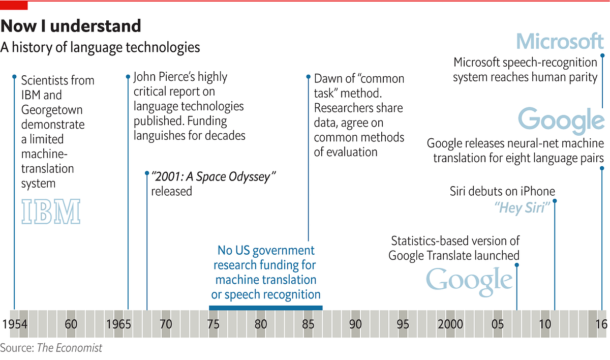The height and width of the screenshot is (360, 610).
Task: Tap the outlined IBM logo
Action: [51, 212]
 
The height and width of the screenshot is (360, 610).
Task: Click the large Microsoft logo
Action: [560, 41]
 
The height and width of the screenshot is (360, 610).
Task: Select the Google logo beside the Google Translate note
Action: [469, 281]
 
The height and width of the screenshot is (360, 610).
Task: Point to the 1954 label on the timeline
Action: [14, 324]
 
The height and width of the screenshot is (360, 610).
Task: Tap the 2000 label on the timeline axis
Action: [450, 324]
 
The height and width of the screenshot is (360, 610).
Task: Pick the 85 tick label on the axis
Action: [308, 324]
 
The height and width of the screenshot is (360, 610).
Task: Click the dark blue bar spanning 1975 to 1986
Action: [265, 307]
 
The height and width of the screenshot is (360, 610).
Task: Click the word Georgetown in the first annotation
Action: [52, 110]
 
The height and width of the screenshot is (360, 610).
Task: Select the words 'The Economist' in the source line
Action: [70, 348]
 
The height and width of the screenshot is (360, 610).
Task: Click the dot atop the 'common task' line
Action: [308, 77]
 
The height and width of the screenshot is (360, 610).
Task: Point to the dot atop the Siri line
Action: [555, 201]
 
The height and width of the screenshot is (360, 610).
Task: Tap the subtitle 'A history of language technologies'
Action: [100, 47]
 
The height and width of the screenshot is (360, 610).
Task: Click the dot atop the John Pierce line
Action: [128, 77]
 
